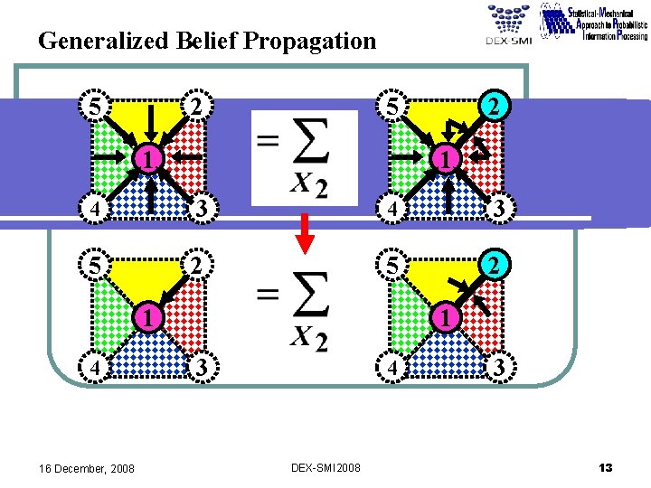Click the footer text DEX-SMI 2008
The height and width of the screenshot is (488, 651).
(x=325, y=468)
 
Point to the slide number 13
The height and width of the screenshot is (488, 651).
(x=605, y=467)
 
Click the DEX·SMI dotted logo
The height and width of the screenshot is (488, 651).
(x=508, y=23)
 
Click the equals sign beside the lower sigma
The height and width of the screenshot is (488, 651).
(x=267, y=294)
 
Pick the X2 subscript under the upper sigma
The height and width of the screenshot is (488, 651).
(x=308, y=185)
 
